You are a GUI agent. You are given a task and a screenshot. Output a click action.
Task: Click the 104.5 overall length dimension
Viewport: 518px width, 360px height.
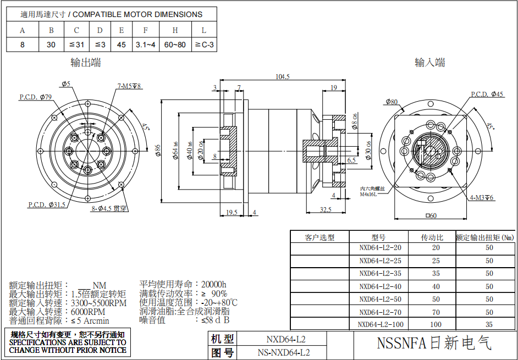283,77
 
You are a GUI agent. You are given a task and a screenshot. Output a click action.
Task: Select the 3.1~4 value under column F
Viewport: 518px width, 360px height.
146,45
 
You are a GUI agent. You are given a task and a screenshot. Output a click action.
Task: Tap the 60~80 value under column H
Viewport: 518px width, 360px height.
175,45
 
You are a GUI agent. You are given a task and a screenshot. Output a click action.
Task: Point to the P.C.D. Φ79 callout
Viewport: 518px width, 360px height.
35,97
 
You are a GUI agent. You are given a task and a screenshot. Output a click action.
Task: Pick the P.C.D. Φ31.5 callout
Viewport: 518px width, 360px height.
47,204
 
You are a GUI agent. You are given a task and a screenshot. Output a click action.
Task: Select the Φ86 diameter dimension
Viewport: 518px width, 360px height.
158,151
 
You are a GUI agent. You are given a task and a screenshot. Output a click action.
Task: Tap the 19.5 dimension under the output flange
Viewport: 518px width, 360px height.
232,212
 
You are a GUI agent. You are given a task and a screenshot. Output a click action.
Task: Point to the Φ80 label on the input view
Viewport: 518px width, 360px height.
392,102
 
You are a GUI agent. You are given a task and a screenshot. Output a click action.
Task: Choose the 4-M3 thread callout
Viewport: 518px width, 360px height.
482,197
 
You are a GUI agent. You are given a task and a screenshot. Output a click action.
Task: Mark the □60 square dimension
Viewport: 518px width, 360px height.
431,215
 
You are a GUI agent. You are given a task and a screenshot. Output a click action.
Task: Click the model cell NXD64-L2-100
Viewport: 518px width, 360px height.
381,324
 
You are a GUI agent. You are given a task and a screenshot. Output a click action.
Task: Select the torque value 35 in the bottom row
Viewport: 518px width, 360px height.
489,324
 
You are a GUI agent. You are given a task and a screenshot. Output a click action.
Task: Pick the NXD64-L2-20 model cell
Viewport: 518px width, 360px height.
381,247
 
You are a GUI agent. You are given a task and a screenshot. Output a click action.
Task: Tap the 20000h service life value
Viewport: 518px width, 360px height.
214,284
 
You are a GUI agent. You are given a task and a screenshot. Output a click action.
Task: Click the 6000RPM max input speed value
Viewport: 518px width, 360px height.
88,312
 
